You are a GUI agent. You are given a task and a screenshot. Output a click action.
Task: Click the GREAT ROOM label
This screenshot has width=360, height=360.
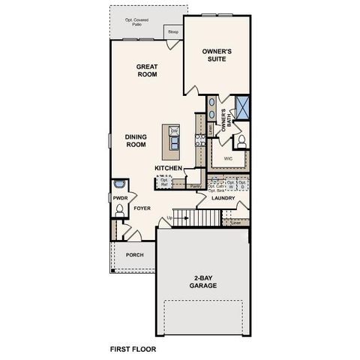pos(145,70)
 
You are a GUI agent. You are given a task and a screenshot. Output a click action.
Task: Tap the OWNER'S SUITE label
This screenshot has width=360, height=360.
pos(217,55)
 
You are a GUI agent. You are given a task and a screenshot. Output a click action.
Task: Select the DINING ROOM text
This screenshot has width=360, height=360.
pos(135,140)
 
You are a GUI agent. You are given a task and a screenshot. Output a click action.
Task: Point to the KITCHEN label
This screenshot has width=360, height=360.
pos(169,168)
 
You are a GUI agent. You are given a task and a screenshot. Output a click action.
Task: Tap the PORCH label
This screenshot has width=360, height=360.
pos(134,255)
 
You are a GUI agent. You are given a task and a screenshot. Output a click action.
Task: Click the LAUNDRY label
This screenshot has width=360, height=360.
pos(223,199)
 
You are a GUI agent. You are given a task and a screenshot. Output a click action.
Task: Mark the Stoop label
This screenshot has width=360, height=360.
pos(172,32)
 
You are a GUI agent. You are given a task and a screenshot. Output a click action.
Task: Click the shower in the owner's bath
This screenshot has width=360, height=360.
pos(243,104)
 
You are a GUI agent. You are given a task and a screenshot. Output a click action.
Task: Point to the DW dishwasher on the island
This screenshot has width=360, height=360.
pos(174,132)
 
